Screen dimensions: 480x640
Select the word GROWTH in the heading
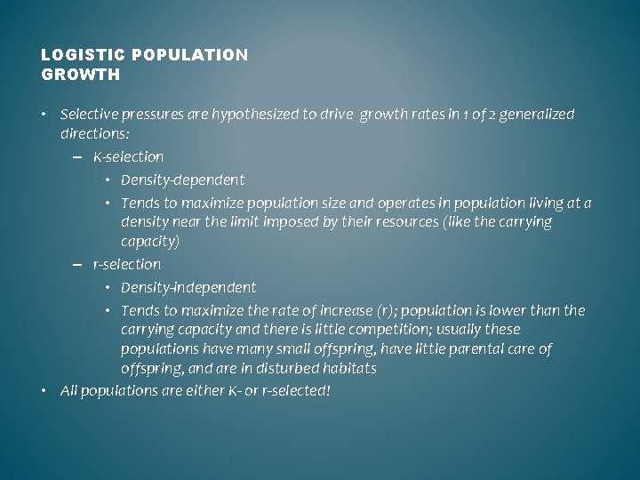(x=80, y=75)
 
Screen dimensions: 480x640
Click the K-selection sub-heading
(x=128, y=156)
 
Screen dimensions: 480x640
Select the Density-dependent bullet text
(x=182, y=180)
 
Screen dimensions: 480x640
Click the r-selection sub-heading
(x=126, y=264)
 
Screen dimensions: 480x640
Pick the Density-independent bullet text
(x=188, y=287)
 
